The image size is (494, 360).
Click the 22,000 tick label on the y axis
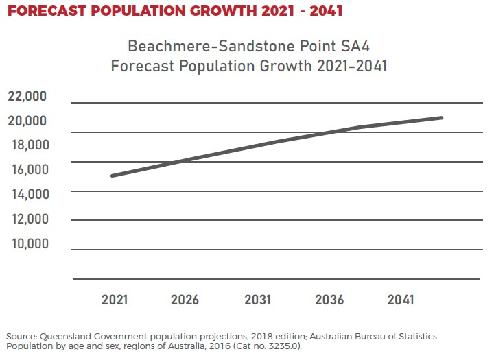pos(27,96)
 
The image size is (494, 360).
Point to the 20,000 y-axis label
pos(27,121)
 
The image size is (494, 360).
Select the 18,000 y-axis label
pos(27,145)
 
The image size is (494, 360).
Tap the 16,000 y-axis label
pos(27,169)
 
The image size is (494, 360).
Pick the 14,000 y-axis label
pos(27,194)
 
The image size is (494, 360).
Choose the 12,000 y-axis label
pos(27,219)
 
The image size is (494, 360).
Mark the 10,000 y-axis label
pos(27,243)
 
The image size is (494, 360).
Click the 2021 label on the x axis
pos(115,300)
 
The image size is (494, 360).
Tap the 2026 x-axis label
pos(185,300)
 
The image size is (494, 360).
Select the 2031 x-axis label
pos(257,300)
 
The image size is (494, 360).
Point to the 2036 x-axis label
pos(329,300)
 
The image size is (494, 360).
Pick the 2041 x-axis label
pos(401,300)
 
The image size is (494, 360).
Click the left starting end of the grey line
pos(112,176)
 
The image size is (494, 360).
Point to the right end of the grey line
pos(441,118)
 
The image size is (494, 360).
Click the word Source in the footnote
pos(21,337)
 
